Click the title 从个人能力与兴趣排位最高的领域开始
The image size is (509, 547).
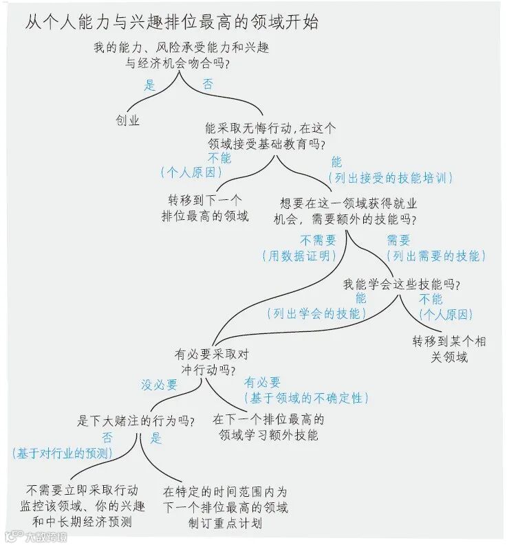point(172,22)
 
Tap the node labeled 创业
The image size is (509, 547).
point(127,120)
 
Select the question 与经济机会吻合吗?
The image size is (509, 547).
point(177,64)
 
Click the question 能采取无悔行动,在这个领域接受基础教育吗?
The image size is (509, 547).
point(270,136)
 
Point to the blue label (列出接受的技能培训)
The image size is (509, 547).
point(391,178)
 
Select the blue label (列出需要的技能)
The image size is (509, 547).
point(435,256)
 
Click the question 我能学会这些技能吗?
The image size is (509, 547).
point(401,284)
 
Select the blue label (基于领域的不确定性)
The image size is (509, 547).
point(305,398)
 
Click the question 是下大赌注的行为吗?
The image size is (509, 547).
point(136,421)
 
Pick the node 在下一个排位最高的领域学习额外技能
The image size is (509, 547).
point(268,427)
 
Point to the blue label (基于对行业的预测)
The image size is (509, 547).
point(62,453)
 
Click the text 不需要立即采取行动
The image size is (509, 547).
point(83,491)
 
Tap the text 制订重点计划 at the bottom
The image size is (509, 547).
point(225,524)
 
